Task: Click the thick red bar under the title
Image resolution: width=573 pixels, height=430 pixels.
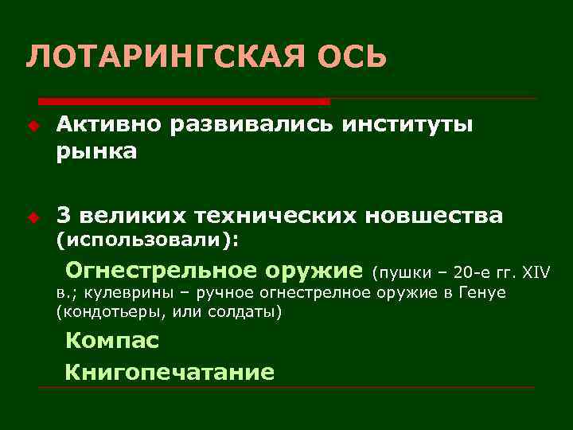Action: click(x=184, y=102)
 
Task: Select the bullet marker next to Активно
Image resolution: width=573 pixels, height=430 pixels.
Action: click(x=33, y=125)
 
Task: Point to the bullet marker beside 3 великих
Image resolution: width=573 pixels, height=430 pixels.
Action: click(x=33, y=216)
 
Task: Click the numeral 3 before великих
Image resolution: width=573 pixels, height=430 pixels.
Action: click(x=64, y=215)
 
